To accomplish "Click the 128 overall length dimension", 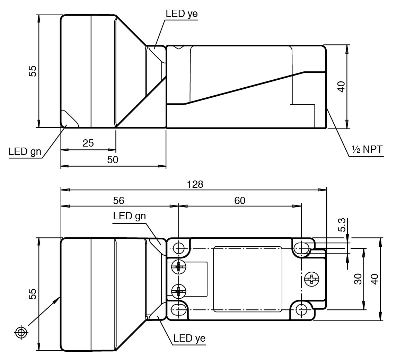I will pos(195,184).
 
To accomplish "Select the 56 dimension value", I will pos(119,201).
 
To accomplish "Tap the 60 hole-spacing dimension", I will pos(240,201).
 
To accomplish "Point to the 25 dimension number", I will pos(88,143).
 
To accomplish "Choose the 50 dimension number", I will pos(113,160).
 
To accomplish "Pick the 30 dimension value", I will pos(358,279).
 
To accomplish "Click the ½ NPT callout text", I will pos(367,150).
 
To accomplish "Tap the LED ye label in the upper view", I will pos(182,14).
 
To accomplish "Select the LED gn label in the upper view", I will pos(25,151).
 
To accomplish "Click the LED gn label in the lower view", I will pos(129,216).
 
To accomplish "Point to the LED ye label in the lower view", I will pos(189,338).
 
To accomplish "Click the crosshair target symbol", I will pos(21,332).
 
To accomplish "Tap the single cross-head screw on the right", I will pos(311,279).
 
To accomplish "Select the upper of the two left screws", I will pos(179,267).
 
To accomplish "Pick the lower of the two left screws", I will pos(179,292).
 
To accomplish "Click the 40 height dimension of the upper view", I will pos(342,86).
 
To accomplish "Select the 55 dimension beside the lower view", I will pos(32,294).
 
